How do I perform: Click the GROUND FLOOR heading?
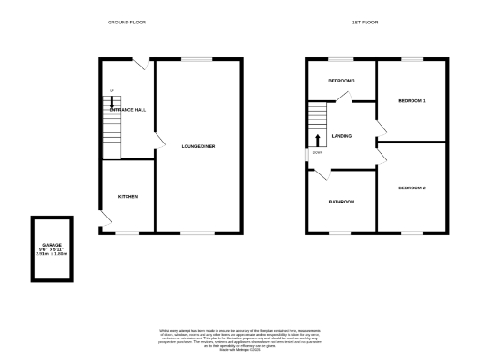pyautogui.click(x=126, y=20)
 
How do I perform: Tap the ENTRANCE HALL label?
pyautogui.click(x=127, y=110)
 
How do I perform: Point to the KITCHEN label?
pyautogui.click(x=128, y=197)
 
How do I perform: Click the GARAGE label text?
pyautogui.click(x=52, y=244)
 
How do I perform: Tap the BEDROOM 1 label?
pyautogui.click(x=412, y=100)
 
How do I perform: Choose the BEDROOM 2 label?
pyautogui.click(x=412, y=187)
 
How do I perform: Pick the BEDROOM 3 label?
pyautogui.click(x=341, y=81)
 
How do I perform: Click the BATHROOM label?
pyautogui.click(x=340, y=202)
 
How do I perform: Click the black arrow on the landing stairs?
pyautogui.click(x=316, y=139)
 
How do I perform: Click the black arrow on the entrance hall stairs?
pyautogui.click(x=112, y=103)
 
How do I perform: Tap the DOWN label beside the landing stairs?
pyautogui.click(x=317, y=152)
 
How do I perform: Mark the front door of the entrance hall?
pyautogui.click(x=138, y=65)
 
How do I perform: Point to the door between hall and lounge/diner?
pyautogui.click(x=159, y=144)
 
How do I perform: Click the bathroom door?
pyautogui.click(x=321, y=174)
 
